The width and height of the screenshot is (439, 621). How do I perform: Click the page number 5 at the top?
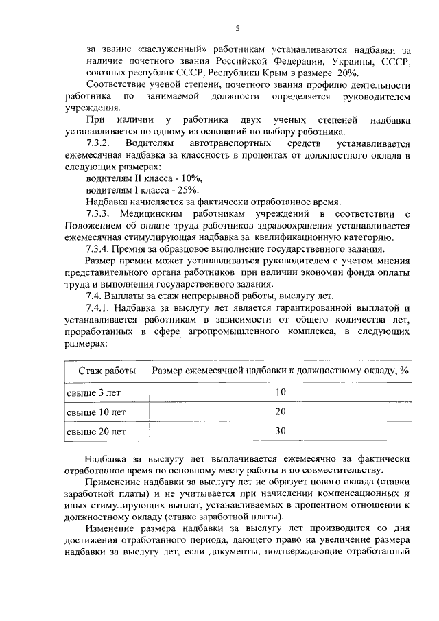tap(237, 28)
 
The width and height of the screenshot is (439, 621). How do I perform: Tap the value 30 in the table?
tap(280, 431)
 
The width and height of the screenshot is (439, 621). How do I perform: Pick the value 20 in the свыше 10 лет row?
tap(280, 412)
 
